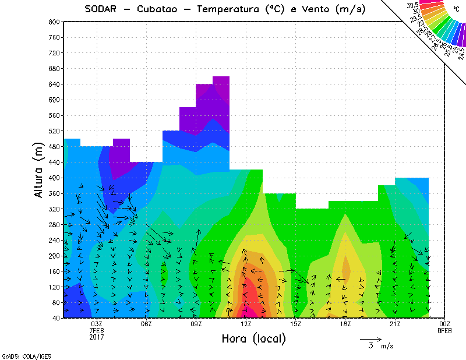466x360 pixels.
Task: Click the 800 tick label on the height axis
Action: (54, 22)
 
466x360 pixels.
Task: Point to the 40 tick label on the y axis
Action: (56, 318)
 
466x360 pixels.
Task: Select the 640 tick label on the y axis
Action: (54, 84)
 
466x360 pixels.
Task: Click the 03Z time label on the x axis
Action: (97, 324)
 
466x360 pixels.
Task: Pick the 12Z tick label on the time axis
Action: (246, 324)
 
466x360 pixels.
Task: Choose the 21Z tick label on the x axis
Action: (395, 324)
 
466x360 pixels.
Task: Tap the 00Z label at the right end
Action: (445, 324)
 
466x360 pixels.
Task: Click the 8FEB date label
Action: (445, 330)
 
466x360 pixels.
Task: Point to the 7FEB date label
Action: (97, 330)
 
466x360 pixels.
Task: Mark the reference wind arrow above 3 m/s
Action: (370, 338)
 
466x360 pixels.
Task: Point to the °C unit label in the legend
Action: (456, 10)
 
